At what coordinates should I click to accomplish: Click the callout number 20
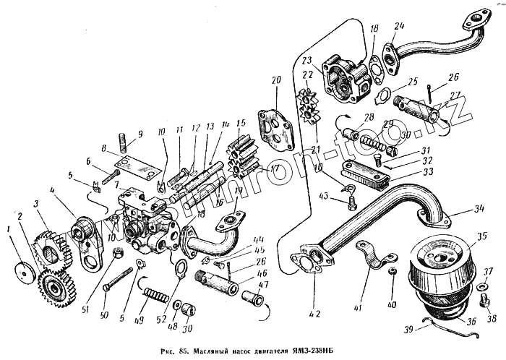(x=275, y=80)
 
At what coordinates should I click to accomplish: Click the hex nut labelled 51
(x=115, y=254)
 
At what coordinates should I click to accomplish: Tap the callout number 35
(x=481, y=235)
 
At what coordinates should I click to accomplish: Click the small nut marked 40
(x=393, y=271)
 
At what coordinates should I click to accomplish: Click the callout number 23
(x=306, y=61)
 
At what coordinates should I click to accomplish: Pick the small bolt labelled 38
(x=482, y=288)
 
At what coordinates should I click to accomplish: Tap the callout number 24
(x=399, y=28)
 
